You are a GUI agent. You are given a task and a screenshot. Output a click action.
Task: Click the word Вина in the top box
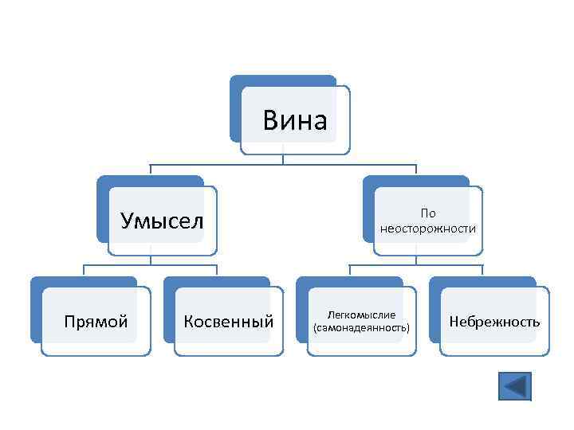point(295,121)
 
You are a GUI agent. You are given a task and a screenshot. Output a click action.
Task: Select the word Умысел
point(162,220)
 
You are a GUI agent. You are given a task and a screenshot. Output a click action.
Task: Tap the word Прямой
point(96,322)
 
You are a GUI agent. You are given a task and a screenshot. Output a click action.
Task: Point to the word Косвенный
point(228,322)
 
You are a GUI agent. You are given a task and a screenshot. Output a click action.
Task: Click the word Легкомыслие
point(361,315)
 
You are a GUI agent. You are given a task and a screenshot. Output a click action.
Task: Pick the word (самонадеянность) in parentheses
point(361,328)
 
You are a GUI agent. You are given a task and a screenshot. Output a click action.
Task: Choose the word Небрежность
point(494,322)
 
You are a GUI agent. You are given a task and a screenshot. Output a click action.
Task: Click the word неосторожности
point(428,229)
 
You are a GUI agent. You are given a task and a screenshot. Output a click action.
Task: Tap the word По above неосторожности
point(428,213)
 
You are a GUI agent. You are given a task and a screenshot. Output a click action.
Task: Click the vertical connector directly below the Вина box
point(283,159)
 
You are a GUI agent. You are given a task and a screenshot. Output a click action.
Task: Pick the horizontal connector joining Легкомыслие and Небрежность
point(416,265)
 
